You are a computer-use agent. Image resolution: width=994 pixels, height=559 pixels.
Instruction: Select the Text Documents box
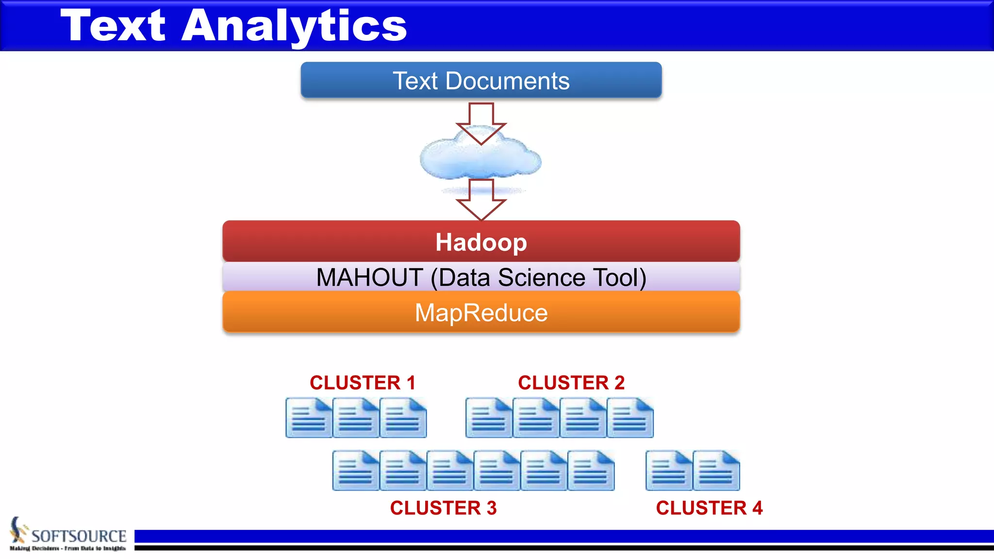480,81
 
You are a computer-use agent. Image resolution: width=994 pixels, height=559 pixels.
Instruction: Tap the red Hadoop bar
480,242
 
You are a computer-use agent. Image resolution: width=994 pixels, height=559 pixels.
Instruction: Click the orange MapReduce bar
480,312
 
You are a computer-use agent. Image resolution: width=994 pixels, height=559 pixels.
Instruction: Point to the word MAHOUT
369,278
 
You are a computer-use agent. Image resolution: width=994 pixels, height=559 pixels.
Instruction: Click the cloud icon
480,158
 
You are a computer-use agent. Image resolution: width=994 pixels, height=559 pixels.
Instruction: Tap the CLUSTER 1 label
363,382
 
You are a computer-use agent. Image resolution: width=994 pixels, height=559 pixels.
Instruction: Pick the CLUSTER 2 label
571,382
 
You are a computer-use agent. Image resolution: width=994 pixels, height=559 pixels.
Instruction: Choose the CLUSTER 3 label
443,508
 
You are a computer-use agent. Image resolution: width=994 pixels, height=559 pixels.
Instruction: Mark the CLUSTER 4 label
709,508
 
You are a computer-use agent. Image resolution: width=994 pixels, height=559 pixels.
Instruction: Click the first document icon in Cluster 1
309,418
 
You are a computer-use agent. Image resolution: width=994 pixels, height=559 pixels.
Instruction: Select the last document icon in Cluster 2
630,418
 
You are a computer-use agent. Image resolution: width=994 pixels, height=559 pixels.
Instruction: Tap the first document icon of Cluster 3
356,470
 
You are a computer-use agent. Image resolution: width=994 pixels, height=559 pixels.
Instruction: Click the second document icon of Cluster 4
716,470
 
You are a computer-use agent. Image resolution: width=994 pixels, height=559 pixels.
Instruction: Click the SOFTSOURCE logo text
79,536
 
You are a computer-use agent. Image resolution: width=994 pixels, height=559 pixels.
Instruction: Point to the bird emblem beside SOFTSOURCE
18,530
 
